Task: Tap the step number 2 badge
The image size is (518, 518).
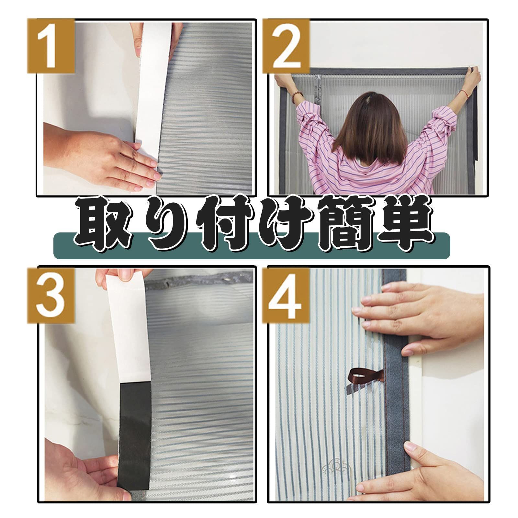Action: [286, 46]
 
